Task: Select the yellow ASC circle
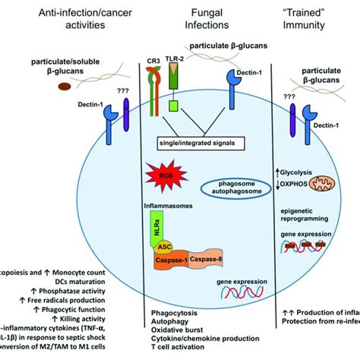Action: coord(165,246)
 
